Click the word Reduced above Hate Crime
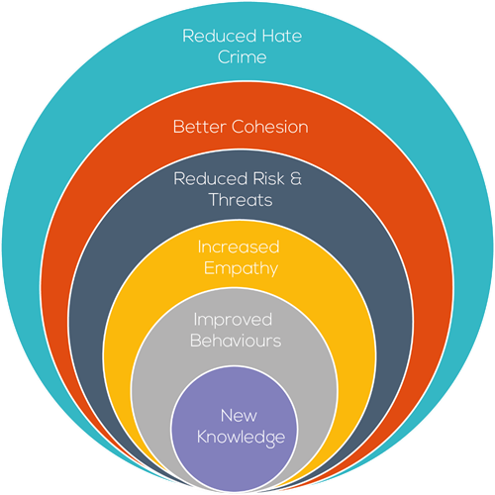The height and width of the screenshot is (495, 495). [x=219, y=36]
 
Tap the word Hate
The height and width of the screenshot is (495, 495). [x=281, y=36]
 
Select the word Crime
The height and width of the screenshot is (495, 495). [x=242, y=57]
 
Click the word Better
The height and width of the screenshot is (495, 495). [x=200, y=127]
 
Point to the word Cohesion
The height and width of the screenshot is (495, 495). [x=270, y=127]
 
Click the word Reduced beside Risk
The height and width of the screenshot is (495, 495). [x=211, y=179]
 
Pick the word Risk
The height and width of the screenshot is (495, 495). [x=268, y=179]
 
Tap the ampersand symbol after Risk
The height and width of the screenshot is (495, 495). [x=296, y=179]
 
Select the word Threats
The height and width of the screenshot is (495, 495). [x=241, y=200]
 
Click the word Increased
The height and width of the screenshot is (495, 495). [x=239, y=247]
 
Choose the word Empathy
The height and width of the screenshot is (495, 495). [x=241, y=269]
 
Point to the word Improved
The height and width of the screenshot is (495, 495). [x=233, y=320]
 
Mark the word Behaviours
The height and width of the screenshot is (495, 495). [x=236, y=341]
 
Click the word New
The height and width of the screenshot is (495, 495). [x=239, y=416]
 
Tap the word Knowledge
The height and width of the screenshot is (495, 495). [x=241, y=438]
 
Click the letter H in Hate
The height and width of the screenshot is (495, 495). [x=267, y=36]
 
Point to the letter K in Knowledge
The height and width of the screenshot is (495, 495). [x=202, y=437]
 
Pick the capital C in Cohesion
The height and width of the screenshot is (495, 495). [x=239, y=127]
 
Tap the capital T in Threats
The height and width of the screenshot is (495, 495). [x=215, y=200]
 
